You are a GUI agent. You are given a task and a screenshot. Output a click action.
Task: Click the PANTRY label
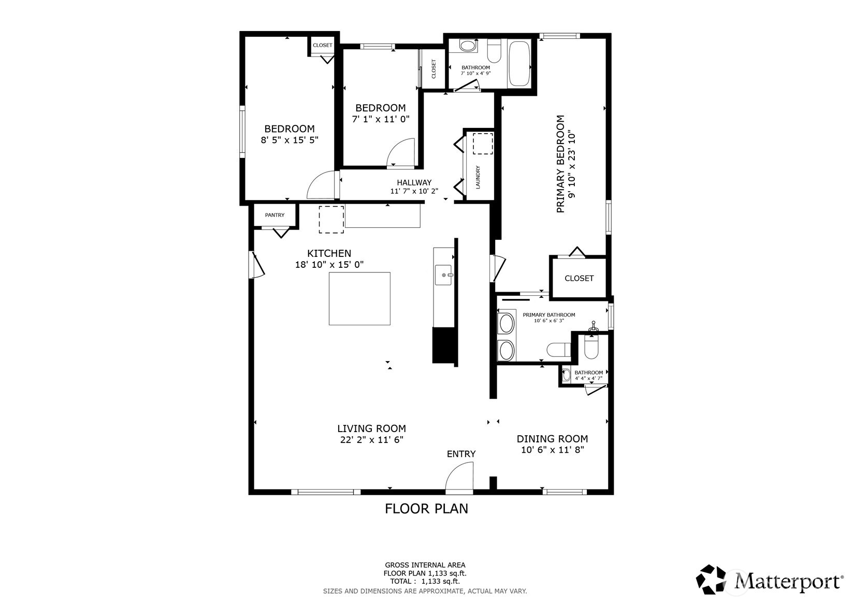click(274, 215)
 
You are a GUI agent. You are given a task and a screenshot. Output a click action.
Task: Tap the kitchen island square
click(359, 298)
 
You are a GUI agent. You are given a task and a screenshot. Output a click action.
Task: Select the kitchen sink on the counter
click(443, 275)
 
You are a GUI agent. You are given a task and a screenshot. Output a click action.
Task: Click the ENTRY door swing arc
click(460, 476)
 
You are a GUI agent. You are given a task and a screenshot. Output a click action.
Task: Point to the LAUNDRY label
click(478, 177)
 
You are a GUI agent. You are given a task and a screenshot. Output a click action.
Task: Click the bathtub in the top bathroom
click(519, 64)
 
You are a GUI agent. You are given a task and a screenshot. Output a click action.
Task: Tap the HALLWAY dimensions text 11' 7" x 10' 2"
click(414, 191)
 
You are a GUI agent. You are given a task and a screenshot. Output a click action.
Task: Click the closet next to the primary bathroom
click(579, 278)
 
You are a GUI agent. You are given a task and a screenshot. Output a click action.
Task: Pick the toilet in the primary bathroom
click(558, 350)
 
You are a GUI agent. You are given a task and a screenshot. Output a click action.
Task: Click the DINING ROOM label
click(552, 439)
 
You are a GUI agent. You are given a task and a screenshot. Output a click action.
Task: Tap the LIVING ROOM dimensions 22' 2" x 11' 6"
click(371, 440)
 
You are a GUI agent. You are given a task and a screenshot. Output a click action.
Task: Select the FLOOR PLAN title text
click(426, 509)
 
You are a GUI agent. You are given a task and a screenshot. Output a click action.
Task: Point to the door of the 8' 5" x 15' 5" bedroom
click(321, 185)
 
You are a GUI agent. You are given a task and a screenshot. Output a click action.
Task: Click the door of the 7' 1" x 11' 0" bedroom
click(401, 152)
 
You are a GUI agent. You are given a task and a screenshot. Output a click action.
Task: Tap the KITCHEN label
click(329, 253)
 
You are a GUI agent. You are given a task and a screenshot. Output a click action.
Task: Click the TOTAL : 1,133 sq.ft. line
click(425, 582)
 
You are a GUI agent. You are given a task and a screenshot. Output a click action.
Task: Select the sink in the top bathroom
click(469, 46)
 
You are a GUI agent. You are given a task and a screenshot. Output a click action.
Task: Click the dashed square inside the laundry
click(483, 143)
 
